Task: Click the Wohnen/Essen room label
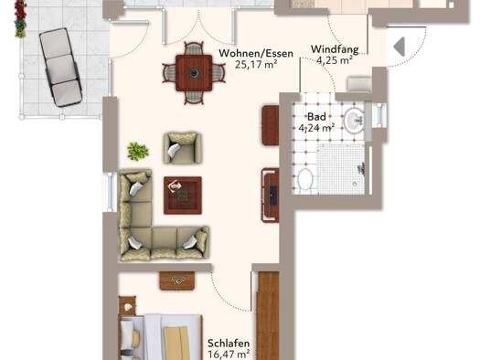point(256,54)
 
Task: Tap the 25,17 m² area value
point(256,64)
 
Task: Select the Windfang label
point(335,49)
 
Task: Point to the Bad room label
point(316,117)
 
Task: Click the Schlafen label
point(229,344)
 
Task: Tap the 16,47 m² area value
point(229,355)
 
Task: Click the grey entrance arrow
point(400,47)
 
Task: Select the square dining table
point(194,73)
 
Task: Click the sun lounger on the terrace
point(60,68)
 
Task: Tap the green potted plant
point(138,151)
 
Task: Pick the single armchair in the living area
point(183,148)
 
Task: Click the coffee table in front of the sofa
point(183,196)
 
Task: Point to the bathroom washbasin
point(355,121)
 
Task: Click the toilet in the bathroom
point(304,181)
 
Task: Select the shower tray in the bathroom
point(341,169)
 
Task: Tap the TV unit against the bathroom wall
point(270,195)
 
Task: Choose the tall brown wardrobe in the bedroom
point(268,315)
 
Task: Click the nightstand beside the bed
point(127,305)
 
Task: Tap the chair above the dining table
point(194,49)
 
